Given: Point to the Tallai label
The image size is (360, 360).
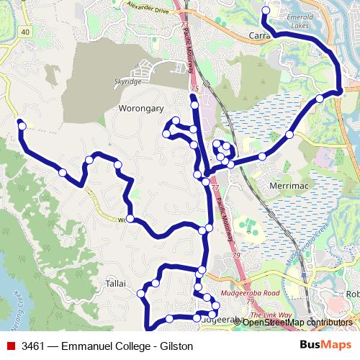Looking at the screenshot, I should click(x=116, y=282).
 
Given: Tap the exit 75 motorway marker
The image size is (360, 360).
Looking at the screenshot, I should click(x=194, y=89).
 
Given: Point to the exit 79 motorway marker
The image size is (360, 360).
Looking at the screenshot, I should click(x=237, y=256).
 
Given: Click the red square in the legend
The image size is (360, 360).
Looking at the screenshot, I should click(x=11, y=346).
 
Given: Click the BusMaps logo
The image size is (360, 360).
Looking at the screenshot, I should click(x=325, y=346).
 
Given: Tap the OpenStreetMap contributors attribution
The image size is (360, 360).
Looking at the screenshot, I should click(x=297, y=323).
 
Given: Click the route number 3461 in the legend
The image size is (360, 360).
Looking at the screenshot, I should click(x=35, y=346).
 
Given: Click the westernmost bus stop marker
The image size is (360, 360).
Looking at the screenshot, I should click(x=22, y=125).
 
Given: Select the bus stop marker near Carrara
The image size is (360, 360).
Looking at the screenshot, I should click(x=266, y=11).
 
